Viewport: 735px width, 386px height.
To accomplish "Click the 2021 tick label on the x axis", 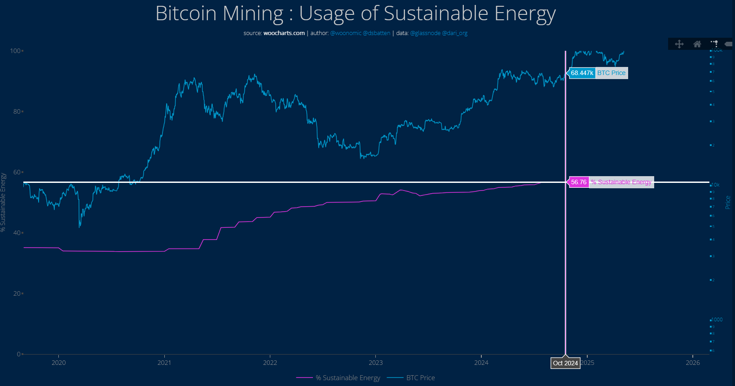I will [x=164, y=363].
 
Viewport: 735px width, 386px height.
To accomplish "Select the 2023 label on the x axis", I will [x=375, y=363].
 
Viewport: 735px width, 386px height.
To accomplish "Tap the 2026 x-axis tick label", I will [x=692, y=363].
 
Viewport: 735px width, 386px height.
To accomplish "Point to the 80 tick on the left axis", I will [x=17, y=111].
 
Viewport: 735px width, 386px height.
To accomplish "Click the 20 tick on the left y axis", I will [x=17, y=293].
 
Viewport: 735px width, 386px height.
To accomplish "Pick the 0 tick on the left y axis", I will [x=18, y=354].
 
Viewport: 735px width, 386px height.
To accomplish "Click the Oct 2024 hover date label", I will [x=565, y=363].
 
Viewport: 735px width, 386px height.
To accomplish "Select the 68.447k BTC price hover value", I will [x=582, y=73].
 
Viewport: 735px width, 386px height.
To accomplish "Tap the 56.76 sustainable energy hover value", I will [x=579, y=182].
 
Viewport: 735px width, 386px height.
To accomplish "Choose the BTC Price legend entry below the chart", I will [x=420, y=378].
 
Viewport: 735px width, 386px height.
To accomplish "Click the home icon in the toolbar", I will [x=697, y=44].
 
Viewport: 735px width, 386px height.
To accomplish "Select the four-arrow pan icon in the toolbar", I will [x=679, y=44].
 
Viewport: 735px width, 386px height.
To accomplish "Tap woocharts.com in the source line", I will [x=284, y=33].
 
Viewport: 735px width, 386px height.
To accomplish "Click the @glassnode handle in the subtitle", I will [x=425, y=33].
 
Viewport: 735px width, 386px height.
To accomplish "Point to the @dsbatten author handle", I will [x=376, y=33].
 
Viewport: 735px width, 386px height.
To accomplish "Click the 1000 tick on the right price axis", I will [x=717, y=319].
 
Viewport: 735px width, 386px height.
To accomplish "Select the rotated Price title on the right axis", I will [x=728, y=202].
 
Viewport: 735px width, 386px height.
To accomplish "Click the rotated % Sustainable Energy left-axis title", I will [x=3, y=202].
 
